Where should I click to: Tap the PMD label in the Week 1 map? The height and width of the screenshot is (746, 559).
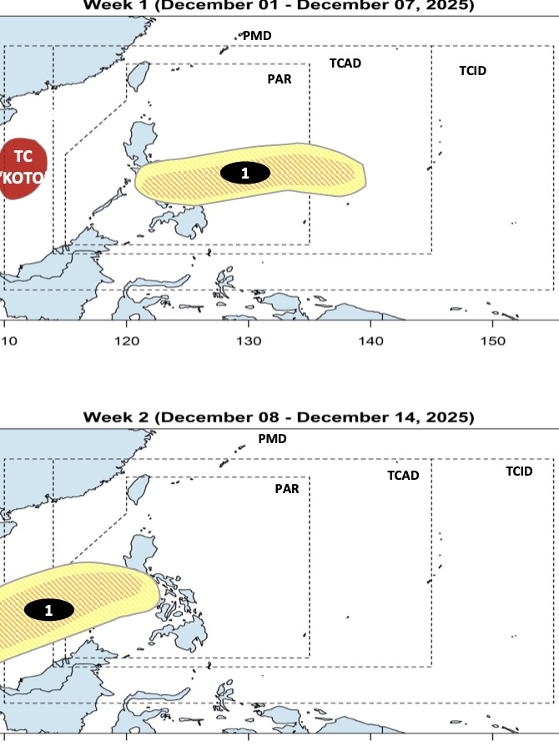[x=257, y=36]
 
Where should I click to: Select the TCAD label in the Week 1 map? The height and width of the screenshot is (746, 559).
[x=345, y=63]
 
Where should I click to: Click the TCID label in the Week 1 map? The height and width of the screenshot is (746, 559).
[x=472, y=71]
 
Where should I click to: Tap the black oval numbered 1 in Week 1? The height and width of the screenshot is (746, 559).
[x=244, y=174]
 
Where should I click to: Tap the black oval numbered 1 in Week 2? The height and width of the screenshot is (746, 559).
[x=48, y=610]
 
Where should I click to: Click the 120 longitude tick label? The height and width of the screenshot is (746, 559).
[x=127, y=341]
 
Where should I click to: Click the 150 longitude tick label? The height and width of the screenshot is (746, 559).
[x=492, y=341]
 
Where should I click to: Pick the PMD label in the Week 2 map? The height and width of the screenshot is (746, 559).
[x=272, y=438]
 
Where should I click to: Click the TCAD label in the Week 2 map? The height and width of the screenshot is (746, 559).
[x=402, y=476]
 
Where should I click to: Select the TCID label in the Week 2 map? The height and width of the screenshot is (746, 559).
[x=518, y=471]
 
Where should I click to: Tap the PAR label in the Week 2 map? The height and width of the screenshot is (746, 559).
[x=287, y=489]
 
